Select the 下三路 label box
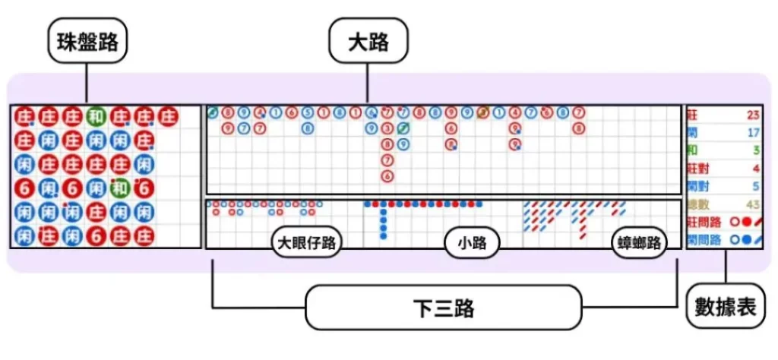point(444,308)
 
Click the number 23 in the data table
point(753,116)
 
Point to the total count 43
point(753,204)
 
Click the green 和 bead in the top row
point(95,117)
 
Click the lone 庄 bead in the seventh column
point(167,117)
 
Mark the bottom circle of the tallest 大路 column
point(387,176)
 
